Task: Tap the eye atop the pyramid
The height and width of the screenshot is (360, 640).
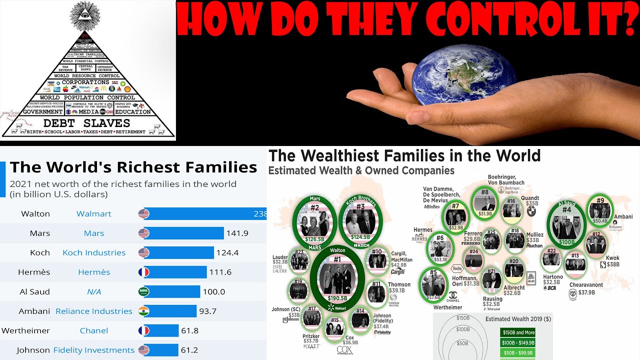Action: point(88,14)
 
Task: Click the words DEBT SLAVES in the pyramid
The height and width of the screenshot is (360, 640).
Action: point(86,123)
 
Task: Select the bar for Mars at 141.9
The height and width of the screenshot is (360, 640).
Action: point(183,233)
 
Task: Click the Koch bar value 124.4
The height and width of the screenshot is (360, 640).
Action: point(227,252)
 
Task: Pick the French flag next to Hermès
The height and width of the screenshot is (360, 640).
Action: point(143,272)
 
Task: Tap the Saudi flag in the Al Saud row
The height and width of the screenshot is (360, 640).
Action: point(143,291)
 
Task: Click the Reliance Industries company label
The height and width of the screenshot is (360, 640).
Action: point(94,311)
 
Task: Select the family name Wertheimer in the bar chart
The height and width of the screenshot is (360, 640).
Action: point(25,330)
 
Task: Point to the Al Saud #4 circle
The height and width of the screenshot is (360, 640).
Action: point(567,223)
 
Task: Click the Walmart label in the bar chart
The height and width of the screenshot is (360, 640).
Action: point(93,213)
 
